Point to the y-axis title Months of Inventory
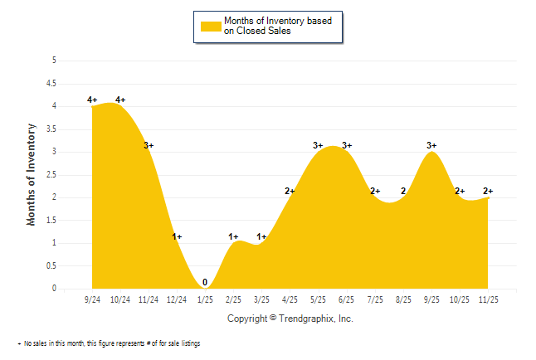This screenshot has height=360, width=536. [32, 174]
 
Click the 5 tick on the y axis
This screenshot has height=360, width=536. [53, 61]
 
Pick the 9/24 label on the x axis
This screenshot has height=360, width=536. [92, 299]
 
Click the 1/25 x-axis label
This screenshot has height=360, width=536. [205, 299]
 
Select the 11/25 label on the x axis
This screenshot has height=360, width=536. [488, 299]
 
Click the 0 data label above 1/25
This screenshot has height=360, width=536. [205, 282]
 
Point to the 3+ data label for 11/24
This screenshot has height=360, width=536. [149, 145]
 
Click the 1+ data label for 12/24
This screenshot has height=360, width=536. [177, 236]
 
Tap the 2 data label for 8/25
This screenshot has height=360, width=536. [403, 191]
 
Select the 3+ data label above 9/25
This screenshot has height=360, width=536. [431, 145]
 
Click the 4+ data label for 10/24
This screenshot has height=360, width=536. [120, 100]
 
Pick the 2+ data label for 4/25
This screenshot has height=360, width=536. [290, 191]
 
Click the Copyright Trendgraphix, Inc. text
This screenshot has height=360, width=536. [290, 319]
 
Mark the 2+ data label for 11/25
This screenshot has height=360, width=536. [488, 191]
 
